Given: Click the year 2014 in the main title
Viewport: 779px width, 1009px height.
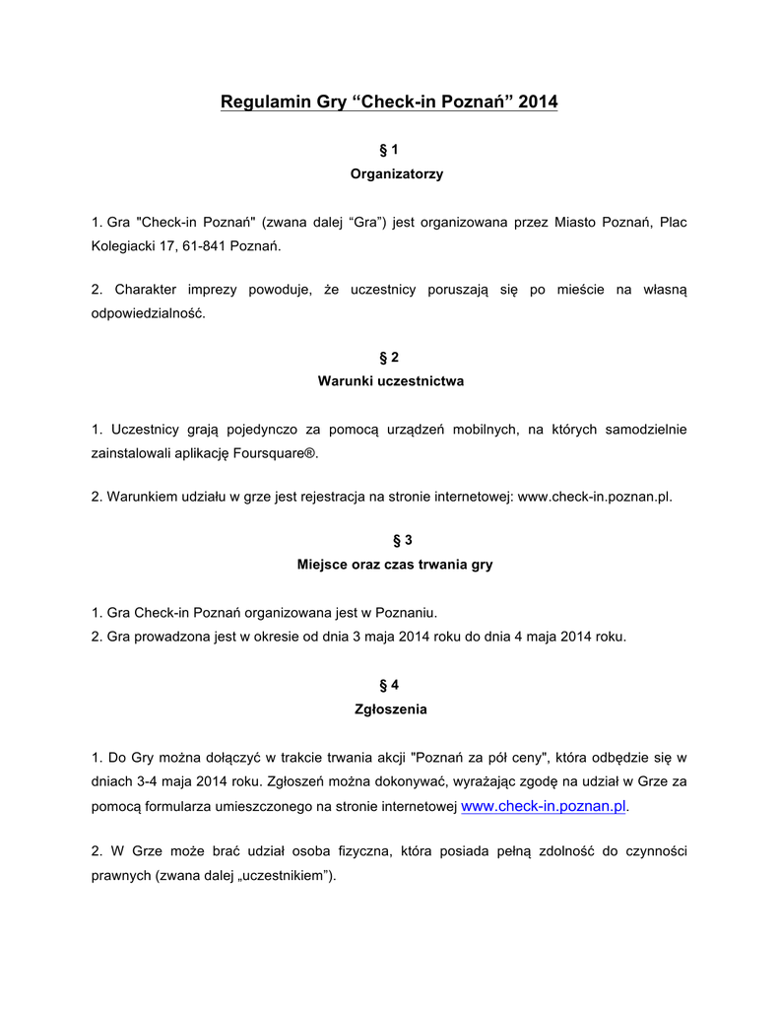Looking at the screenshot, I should click(538, 101).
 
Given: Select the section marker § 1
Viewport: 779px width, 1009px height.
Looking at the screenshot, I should click(389, 150).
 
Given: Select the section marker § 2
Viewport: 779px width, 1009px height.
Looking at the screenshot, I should click(389, 357).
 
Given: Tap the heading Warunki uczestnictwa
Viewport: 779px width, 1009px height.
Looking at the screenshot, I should click(390, 380).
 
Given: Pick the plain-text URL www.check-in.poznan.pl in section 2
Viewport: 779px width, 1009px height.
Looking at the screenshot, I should click(595, 497).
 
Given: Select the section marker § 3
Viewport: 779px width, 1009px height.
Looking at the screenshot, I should click(389, 540).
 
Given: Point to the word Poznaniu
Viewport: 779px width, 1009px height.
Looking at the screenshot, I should click(407, 613).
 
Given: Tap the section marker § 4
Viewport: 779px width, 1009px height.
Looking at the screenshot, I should click(389, 685).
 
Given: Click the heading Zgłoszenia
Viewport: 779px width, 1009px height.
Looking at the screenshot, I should click(390, 708).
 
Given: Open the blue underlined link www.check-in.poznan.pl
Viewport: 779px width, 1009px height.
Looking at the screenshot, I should click(544, 806).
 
